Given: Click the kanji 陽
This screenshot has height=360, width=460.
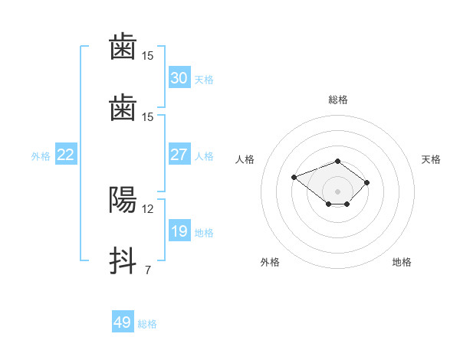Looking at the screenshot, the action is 123,200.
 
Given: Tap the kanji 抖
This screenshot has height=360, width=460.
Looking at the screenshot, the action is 123,260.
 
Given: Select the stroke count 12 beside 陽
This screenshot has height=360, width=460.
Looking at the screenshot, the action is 147,209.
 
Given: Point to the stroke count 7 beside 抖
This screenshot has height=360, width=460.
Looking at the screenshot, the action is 148,270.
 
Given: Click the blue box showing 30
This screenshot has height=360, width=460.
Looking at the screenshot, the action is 179,77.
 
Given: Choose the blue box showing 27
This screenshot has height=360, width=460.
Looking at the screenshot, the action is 179,154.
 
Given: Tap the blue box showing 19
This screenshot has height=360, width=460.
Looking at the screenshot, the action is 179,230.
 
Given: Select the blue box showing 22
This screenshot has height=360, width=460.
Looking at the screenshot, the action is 66,154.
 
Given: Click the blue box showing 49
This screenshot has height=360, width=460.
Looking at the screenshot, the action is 123,321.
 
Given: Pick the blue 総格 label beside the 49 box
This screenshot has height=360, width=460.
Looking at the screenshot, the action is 147,324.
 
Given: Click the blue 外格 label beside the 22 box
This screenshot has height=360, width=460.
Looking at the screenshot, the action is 41,156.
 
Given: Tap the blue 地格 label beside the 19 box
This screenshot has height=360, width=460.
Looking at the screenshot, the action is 204,233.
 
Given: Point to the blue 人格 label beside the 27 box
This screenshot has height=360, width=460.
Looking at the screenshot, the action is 204,156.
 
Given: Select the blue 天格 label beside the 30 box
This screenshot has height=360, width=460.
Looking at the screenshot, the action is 204,80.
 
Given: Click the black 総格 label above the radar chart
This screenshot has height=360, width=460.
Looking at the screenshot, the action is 338,100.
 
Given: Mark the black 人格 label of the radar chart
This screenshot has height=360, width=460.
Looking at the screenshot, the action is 245,159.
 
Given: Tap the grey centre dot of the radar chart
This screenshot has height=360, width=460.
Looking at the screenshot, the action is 337,191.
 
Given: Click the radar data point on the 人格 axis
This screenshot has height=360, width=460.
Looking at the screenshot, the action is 294,178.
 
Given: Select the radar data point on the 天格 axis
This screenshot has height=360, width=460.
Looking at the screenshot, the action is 366,182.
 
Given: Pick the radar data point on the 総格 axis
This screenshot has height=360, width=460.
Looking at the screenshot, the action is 337,162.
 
